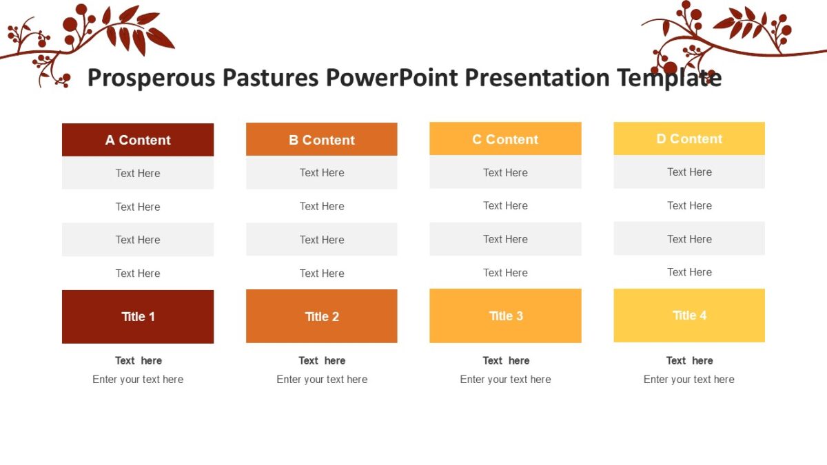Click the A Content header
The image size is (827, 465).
click(138, 140)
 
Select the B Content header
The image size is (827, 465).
click(322, 140)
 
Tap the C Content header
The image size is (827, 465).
click(505, 139)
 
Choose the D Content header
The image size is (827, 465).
click(689, 138)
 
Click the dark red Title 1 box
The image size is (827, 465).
click(138, 317)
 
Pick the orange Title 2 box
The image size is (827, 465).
click(322, 316)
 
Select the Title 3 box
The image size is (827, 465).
click(505, 316)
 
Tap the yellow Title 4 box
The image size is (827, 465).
click(689, 316)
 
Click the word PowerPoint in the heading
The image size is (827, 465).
click(392, 78)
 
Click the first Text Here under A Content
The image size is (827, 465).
click(138, 174)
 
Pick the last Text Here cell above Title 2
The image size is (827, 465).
click(322, 273)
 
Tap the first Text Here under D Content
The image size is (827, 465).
click(689, 172)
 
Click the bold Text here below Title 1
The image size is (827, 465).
click(138, 360)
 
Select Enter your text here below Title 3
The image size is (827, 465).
click(505, 380)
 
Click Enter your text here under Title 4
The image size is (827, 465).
click(689, 380)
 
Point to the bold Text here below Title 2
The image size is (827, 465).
click(322, 360)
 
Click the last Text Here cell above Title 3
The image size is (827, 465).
click(505, 273)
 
